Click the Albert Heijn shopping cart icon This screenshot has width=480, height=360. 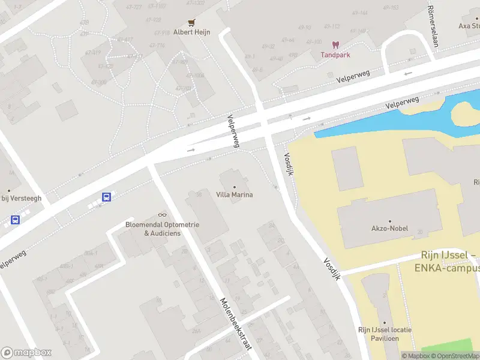coord(191,23)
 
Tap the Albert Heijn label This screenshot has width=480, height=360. coord(191,32)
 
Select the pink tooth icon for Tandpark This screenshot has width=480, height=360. coord(335,45)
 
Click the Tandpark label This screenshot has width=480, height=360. coord(335,55)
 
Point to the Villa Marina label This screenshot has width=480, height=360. coord(234,194)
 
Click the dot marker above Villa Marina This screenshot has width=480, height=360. coord(234,186)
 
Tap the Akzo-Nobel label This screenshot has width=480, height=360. coord(390,229)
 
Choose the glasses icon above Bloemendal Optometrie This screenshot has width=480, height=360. coord(162,215)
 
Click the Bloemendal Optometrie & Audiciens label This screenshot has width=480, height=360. coord(162,229)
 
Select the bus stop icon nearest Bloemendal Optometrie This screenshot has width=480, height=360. coord(106,196)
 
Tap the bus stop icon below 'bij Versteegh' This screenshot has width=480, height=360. coord(15,220)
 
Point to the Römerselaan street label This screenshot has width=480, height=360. coord(431,26)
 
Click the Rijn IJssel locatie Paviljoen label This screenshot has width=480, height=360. coord(385,334)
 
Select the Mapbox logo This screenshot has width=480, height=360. coord(26,353)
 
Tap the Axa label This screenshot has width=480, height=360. coord(469,26)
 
